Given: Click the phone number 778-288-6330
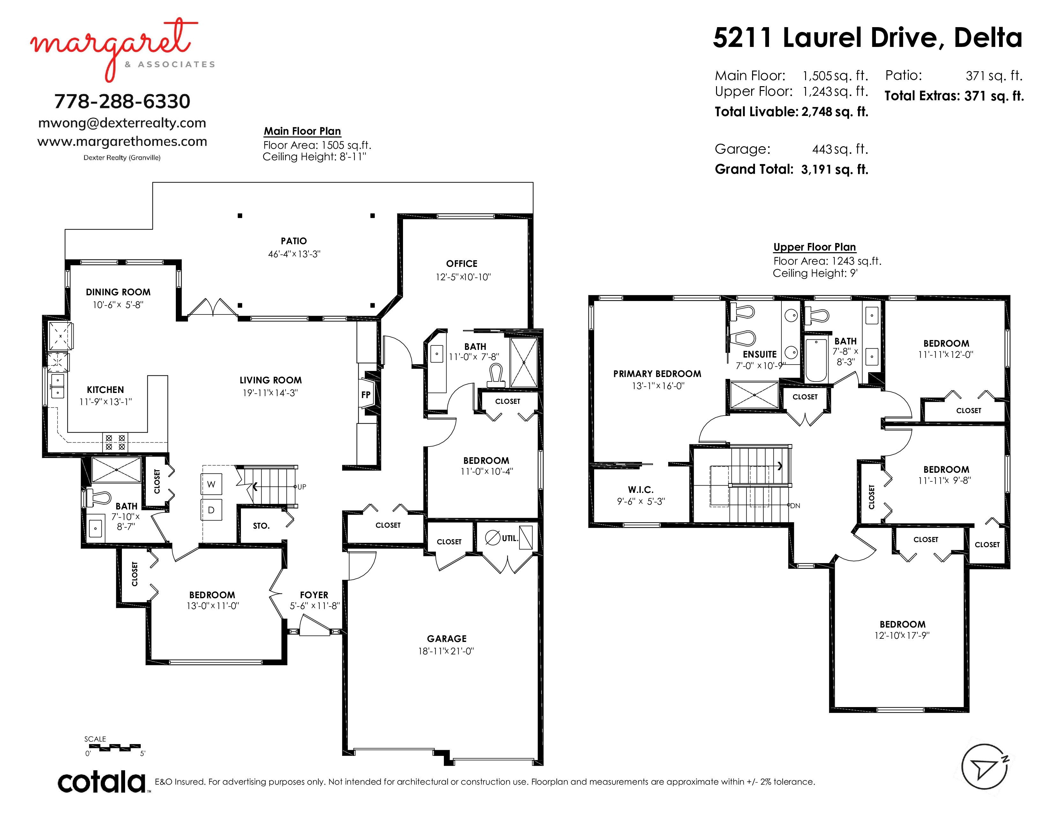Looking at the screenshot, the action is tap(122, 101).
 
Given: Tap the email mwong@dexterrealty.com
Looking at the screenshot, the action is tap(122, 123).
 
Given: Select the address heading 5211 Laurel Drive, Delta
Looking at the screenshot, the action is tap(867, 38).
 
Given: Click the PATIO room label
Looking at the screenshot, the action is tap(294, 241).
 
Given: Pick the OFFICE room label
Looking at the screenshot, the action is tap(461, 264).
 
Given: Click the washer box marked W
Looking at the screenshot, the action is tap(211, 484).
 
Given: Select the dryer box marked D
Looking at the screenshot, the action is tap(211, 510).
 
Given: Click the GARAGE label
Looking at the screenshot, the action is tap(446, 638).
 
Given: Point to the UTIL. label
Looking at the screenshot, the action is tap(510, 538).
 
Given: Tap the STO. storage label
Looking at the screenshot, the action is tap(261, 526).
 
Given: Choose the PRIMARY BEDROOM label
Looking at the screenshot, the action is tap(657, 374).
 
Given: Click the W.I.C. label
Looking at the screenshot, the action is tap(641, 489).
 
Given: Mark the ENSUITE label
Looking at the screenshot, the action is tap(759, 354).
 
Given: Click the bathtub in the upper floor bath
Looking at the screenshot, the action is tap(816, 361).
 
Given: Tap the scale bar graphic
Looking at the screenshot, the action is tap(114, 748).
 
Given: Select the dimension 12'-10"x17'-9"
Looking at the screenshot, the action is tap(902, 636).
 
